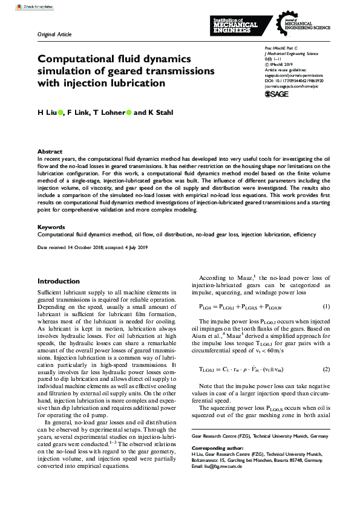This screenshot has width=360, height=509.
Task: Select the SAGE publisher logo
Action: pos(277,94)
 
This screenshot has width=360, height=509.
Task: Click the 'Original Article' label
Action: pos(54,34)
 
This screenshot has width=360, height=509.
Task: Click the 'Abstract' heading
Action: pos(50,151)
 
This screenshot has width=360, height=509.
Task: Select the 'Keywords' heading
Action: pos(52,227)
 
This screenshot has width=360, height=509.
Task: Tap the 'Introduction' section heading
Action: pos(59,281)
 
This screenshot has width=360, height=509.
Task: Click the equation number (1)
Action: pos(326,306)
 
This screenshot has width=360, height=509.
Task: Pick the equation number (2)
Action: pos(326,369)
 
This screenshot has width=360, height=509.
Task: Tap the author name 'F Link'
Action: pos(77,112)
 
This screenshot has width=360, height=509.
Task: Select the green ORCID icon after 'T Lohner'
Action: pos(129,112)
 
